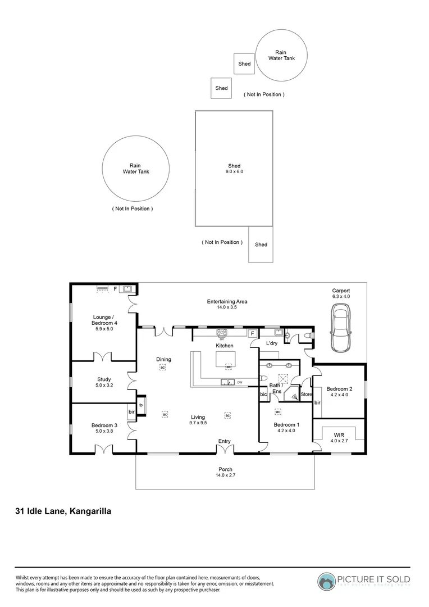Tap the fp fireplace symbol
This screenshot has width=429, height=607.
click(141, 405)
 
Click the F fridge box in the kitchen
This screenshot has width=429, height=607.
click(252, 333)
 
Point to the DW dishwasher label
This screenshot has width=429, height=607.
click(240, 383)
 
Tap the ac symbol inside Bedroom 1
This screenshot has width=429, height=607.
click(277, 411)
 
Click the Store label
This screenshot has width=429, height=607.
click(306, 394)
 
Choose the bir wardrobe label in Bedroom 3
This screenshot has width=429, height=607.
click(131, 412)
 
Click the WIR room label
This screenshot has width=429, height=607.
click(339, 435)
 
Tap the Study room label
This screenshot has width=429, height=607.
click(103, 379)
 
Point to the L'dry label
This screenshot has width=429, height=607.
click(272, 343)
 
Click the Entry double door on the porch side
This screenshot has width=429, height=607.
click(225, 450)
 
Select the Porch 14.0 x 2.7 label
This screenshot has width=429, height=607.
click(225, 473)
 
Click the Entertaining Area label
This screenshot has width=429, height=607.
click(227, 305)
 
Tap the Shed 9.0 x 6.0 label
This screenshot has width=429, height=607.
click(234, 169)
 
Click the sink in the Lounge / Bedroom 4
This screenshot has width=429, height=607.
click(127, 289)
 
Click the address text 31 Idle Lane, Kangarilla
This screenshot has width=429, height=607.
click(63, 511)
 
